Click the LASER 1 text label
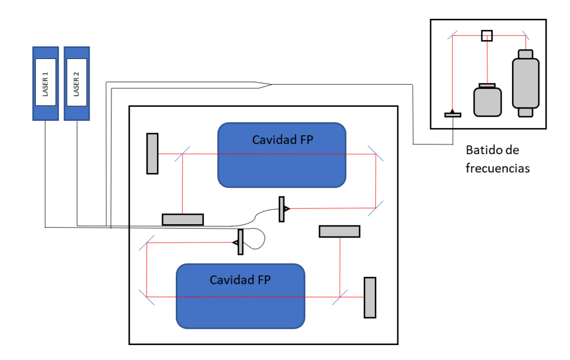click(x=45, y=84)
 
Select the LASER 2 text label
click(x=76, y=84)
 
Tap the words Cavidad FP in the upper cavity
click(x=282, y=140)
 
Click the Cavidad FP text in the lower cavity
click(x=240, y=280)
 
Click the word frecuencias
click(x=498, y=168)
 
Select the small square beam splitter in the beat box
click(x=487, y=36)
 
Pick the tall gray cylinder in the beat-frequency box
click(x=525, y=83)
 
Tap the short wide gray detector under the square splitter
click(x=488, y=100)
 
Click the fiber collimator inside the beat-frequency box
click(x=453, y=114)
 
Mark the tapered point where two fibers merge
click(x=271, y=85)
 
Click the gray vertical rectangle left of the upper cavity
click(x=153, y=154)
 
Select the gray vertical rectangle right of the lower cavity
click(x=370, y=298)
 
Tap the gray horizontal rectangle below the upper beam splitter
click(x=183, y=219)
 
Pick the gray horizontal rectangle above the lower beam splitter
click(x=340, y=231)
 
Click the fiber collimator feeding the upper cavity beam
click(x=283, y=209)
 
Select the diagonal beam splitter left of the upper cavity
click(x=183, y=154)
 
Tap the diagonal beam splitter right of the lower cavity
click(x=340, y=297)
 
